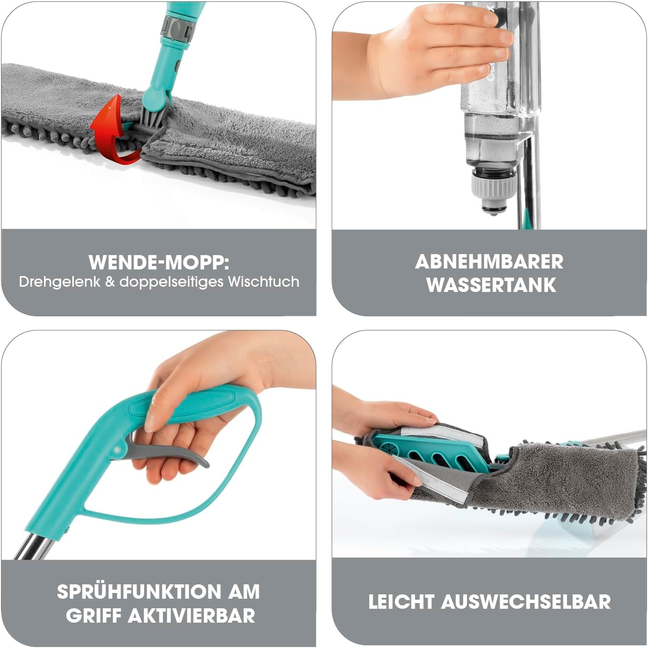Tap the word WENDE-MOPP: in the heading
(159, 263)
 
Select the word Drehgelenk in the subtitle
(59, 282)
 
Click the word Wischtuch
(263, 281)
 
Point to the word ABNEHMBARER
(489, 262)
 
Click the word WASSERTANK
(491, 285)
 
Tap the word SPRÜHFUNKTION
(139, 592)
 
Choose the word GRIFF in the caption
(93, 616)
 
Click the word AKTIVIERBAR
(192, 616)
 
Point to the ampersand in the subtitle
(110, 282)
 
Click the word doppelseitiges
(171, 282)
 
